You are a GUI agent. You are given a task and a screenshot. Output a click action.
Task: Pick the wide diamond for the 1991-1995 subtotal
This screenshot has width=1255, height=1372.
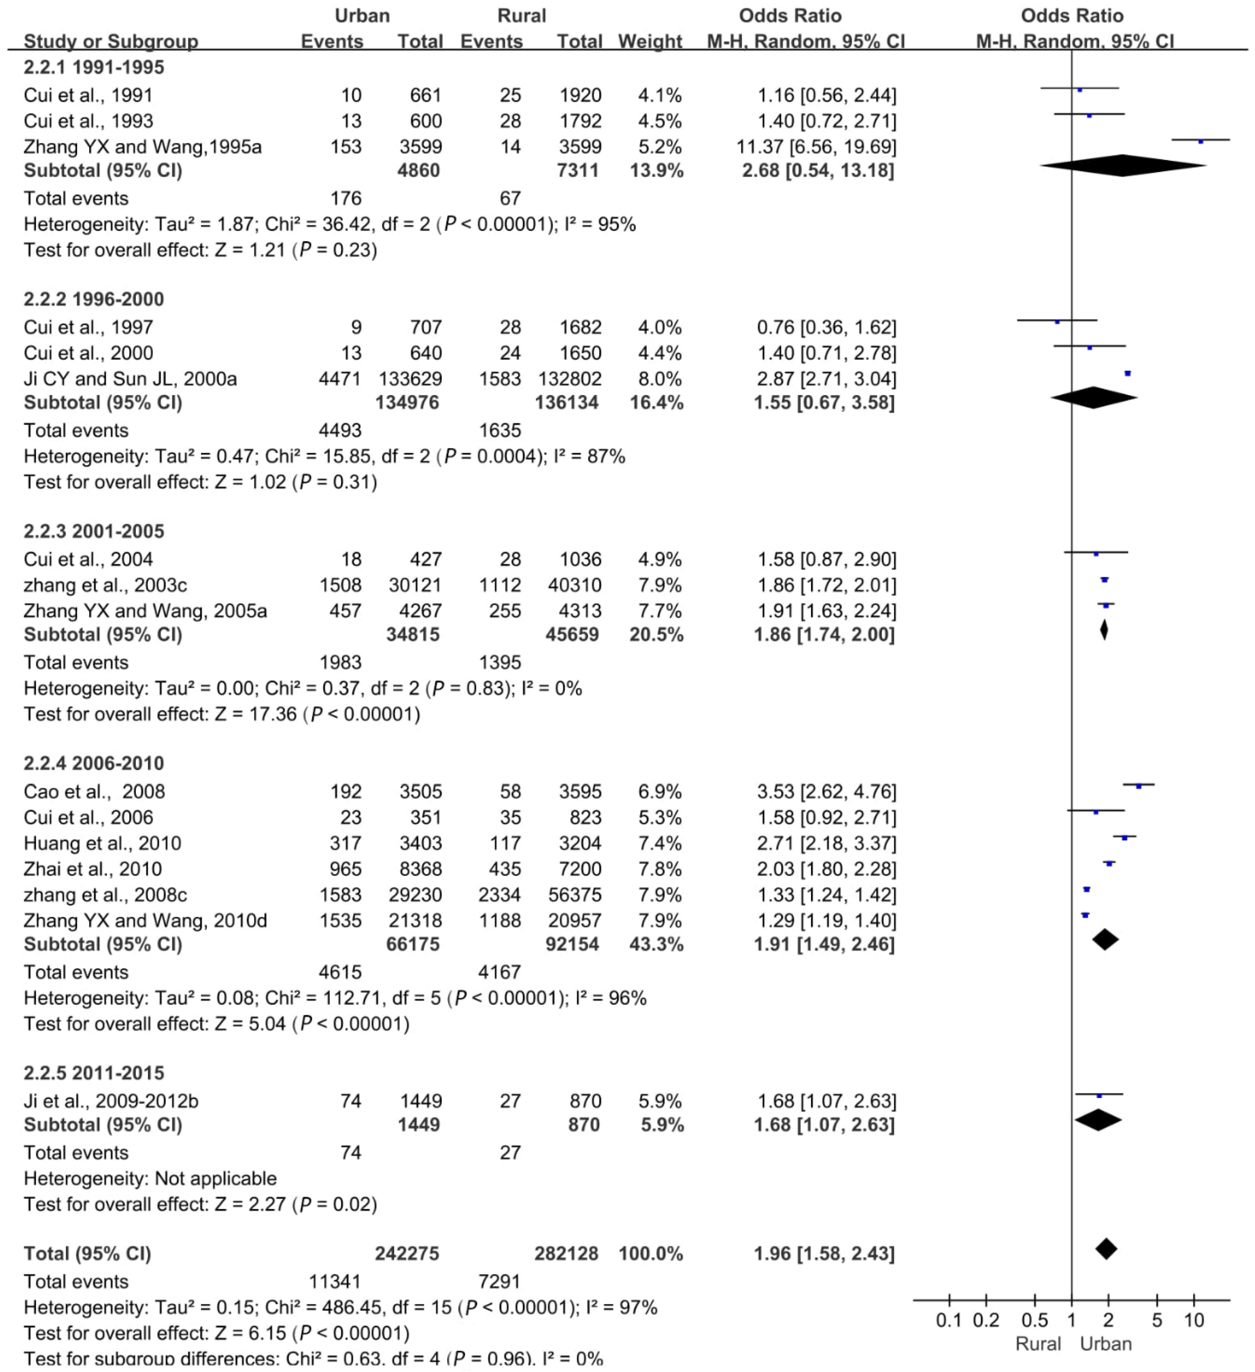pyautogui.click(x=1123, y=166)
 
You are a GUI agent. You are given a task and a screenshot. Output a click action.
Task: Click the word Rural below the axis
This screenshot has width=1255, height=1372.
pyautogui.click(x=1038, y=1344)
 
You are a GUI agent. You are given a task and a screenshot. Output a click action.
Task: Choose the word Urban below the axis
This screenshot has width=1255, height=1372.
pyautogui.click(x=1106, y=1344)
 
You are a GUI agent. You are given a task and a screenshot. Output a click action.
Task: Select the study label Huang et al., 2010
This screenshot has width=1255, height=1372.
pyautogui.click(x=102, y=843)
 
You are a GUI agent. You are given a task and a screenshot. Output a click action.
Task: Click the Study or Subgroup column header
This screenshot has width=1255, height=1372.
pyautogui.click(x=111, y=41)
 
